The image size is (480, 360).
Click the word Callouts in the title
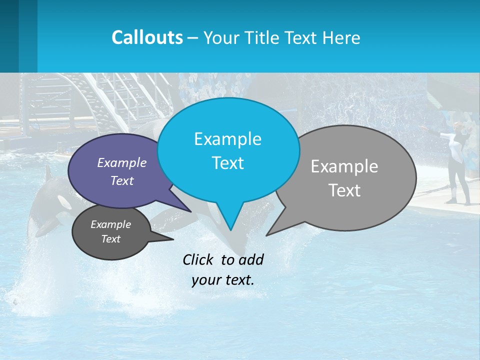[x=147, y=37]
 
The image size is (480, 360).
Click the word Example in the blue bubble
[x=227, y=139]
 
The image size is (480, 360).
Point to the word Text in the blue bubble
[x=227, y=163]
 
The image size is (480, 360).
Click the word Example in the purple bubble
[x=122, y=162]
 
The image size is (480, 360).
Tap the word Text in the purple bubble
[x=122, y=180]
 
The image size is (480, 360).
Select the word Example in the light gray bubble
[x=344, y=166]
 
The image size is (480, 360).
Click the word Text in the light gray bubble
[x=344, y=190]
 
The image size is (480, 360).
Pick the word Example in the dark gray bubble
[x=111, y=224]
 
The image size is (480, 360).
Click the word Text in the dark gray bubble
[x=111, y=239]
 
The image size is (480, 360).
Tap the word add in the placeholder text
[x=250, y=259]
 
